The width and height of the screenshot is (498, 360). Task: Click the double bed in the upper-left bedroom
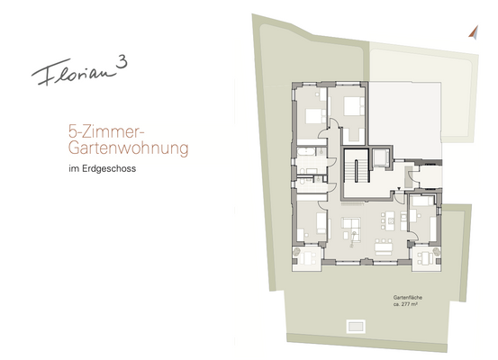coord(312,116)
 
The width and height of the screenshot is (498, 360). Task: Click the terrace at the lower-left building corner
coord(309,257)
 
